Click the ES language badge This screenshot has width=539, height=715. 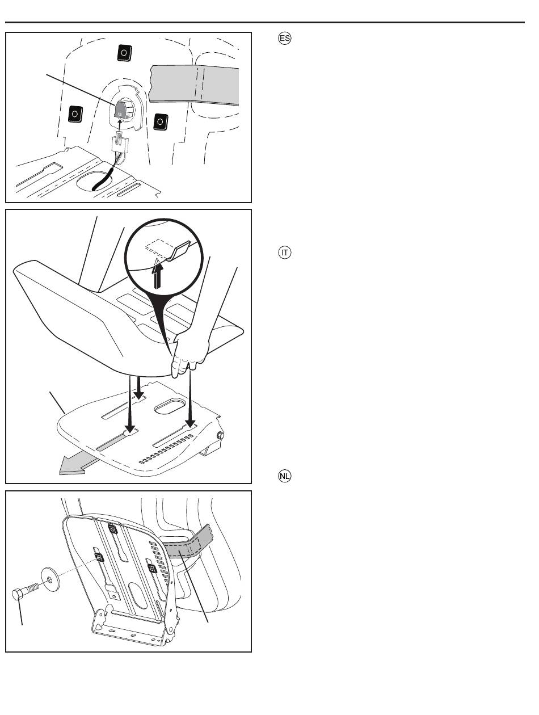284,39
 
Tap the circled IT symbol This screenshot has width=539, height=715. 284,253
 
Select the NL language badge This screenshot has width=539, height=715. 284,476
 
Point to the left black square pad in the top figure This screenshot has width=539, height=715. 75,114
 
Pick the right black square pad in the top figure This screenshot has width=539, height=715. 161,121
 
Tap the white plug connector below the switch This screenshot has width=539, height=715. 120,142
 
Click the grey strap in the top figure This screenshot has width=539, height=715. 194,85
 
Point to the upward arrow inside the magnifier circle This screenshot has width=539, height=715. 158,274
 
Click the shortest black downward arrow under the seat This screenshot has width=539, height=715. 139,388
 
